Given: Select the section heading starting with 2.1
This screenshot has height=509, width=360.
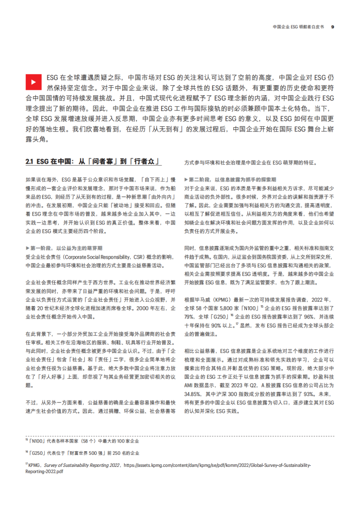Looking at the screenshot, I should pyautogui.click(x=93, y=162).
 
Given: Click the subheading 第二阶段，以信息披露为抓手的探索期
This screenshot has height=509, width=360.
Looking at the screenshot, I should pyautogui.click(x=231, y=179).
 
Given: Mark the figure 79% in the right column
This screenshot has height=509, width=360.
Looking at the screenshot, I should pyautogui.click(x=191, y=317).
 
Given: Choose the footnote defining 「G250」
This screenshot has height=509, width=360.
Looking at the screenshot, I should pyautogui.click(x=84, y=452).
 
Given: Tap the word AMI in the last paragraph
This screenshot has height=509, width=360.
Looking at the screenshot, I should pyautogui.click(x=190, y=384).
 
